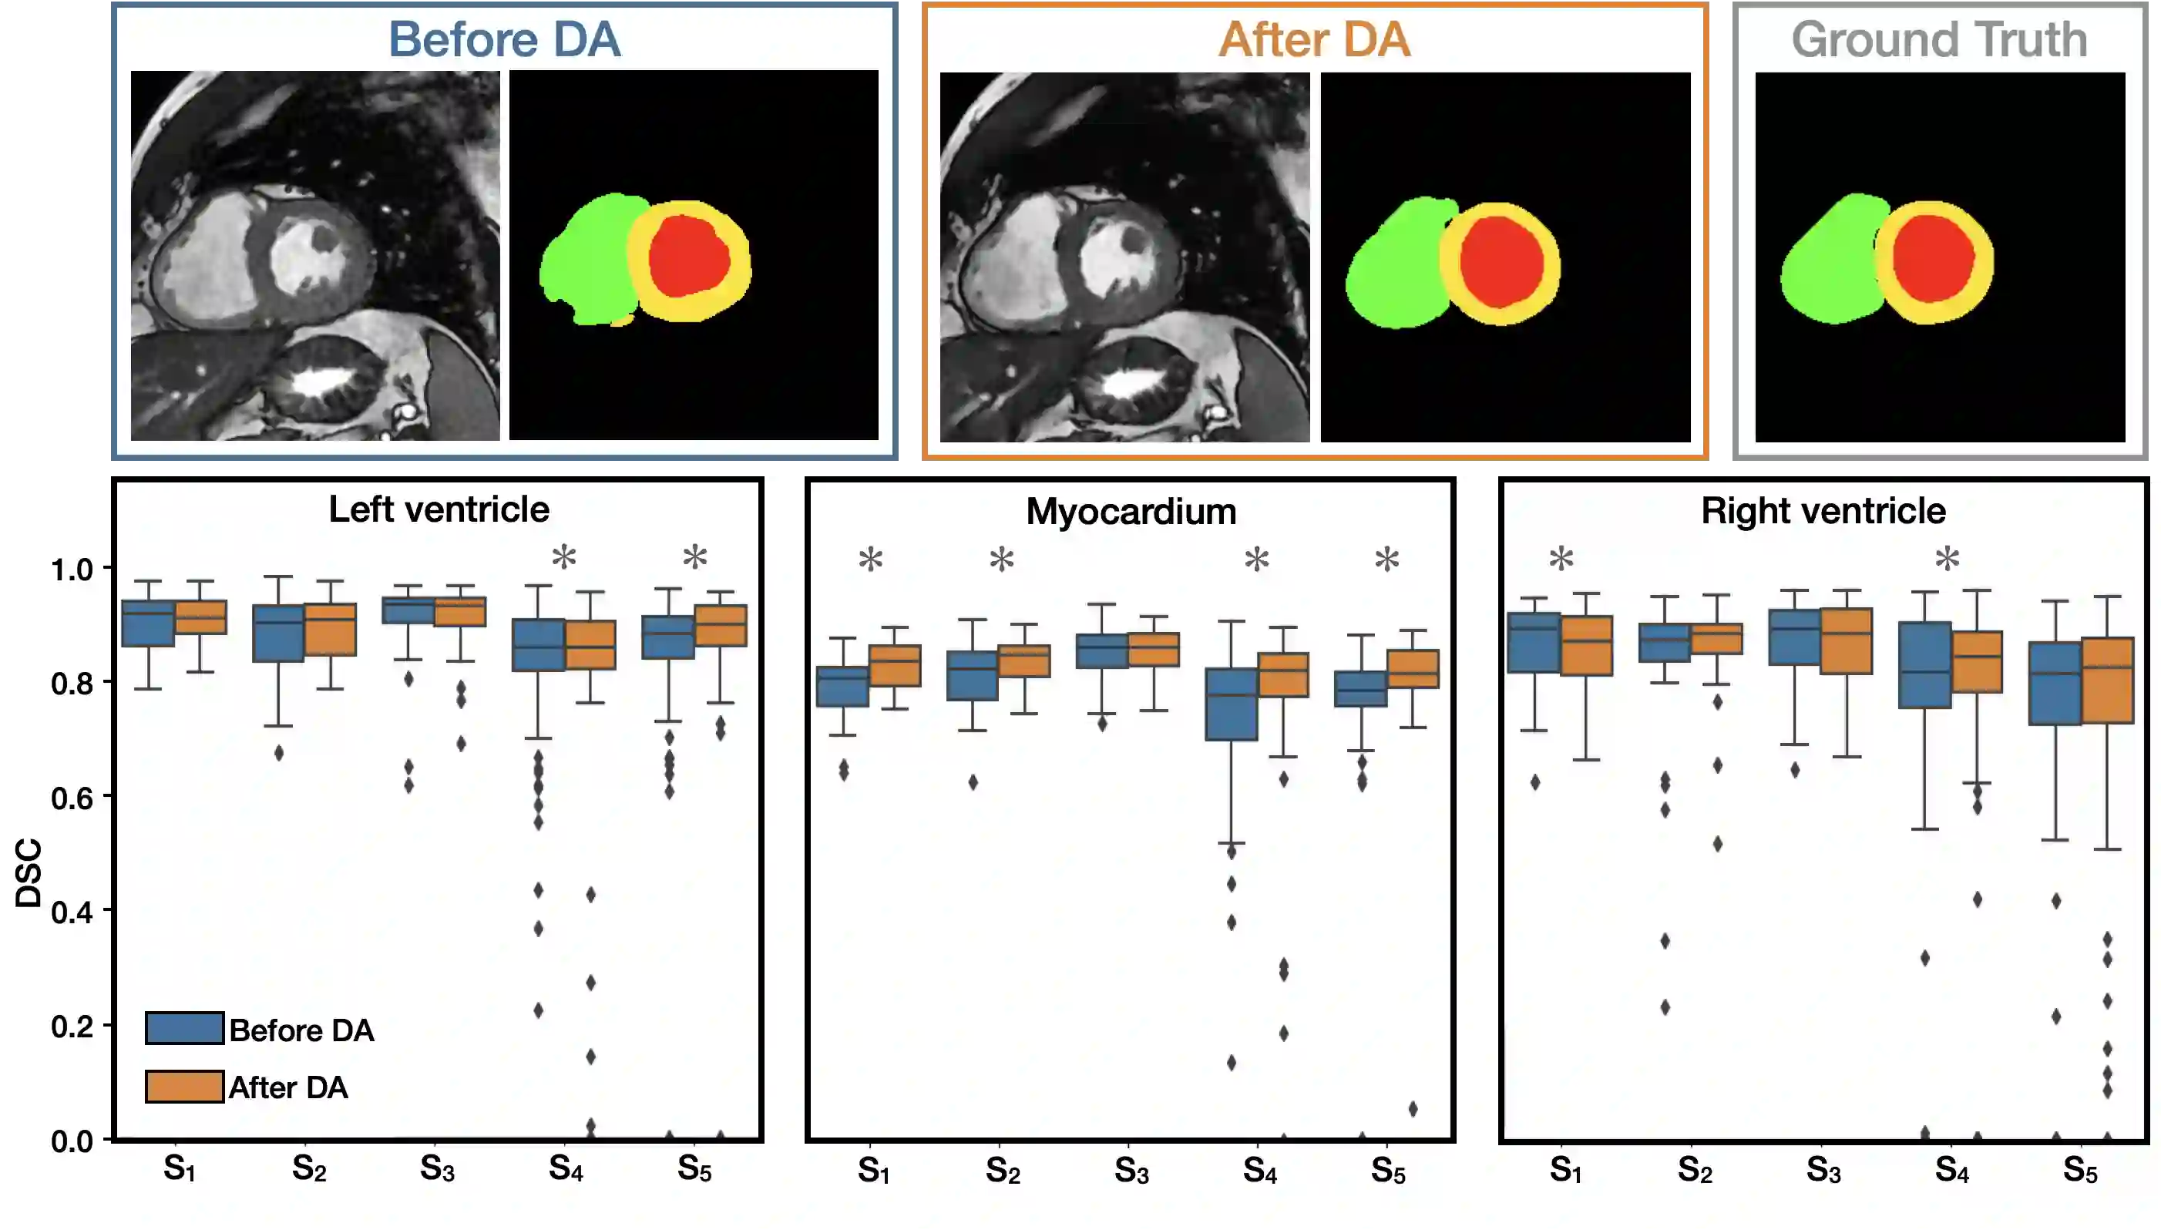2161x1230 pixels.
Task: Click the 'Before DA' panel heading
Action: click(x=504, y=40)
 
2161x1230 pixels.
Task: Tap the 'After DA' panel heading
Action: click(x=1315, y=40)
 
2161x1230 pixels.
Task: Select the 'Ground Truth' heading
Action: click(x=1939, y=40)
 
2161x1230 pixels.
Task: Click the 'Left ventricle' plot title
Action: click(x=439, y=509)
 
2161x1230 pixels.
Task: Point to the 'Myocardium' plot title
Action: click(x=1131, y=512)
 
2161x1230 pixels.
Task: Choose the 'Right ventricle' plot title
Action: click(x=1823, y=511)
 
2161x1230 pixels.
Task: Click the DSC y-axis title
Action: click(x=29, y=872)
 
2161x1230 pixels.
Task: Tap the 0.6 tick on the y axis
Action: click(x=72, y=798)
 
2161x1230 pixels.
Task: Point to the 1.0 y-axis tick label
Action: click(x=72, y=570)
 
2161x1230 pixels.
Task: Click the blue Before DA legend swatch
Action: click(x=184, y=1028)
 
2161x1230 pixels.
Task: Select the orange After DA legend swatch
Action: click(x=184, y=1087)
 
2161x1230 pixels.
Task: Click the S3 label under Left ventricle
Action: click(x=438, y=1168)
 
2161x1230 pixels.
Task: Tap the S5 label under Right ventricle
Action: click(x=2080, y=1170)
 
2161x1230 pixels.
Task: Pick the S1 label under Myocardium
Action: click(x=873, y=1170)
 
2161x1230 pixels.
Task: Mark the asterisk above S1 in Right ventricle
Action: click(x=1561, y=560)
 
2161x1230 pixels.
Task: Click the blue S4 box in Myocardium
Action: click(x=1231, y=704)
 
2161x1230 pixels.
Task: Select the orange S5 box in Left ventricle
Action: click(x=721, y=626)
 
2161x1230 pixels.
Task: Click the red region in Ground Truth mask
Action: click(x=1933, y=257)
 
